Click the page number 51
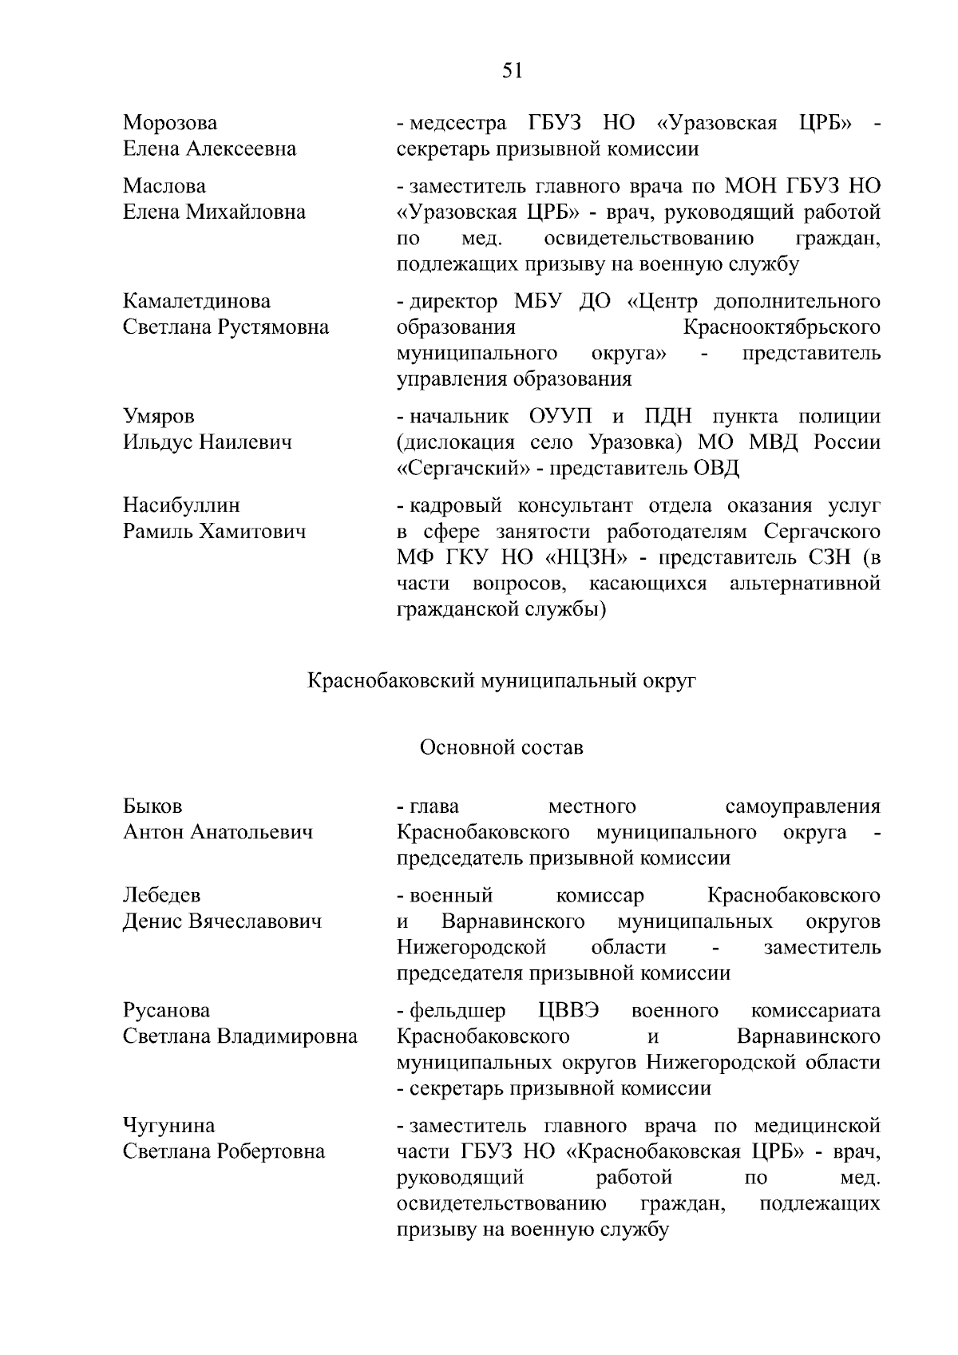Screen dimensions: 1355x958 click(512, 71)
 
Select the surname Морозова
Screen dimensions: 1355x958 click(169, 123)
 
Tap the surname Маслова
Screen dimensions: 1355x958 click(164, 186)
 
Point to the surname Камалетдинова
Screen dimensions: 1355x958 click(196, 301)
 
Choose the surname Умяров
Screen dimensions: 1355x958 click(158, 416)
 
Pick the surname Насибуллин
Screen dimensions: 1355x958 click(181, 505)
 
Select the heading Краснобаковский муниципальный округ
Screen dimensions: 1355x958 click(502, 681)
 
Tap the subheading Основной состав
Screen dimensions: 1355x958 click(501, 747)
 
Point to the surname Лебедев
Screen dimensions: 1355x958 click(161, 895)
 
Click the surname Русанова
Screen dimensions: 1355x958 click(166, 1010)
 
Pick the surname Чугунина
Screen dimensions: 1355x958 click(168, 1125)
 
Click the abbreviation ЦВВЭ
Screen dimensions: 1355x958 click(568, 1010)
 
